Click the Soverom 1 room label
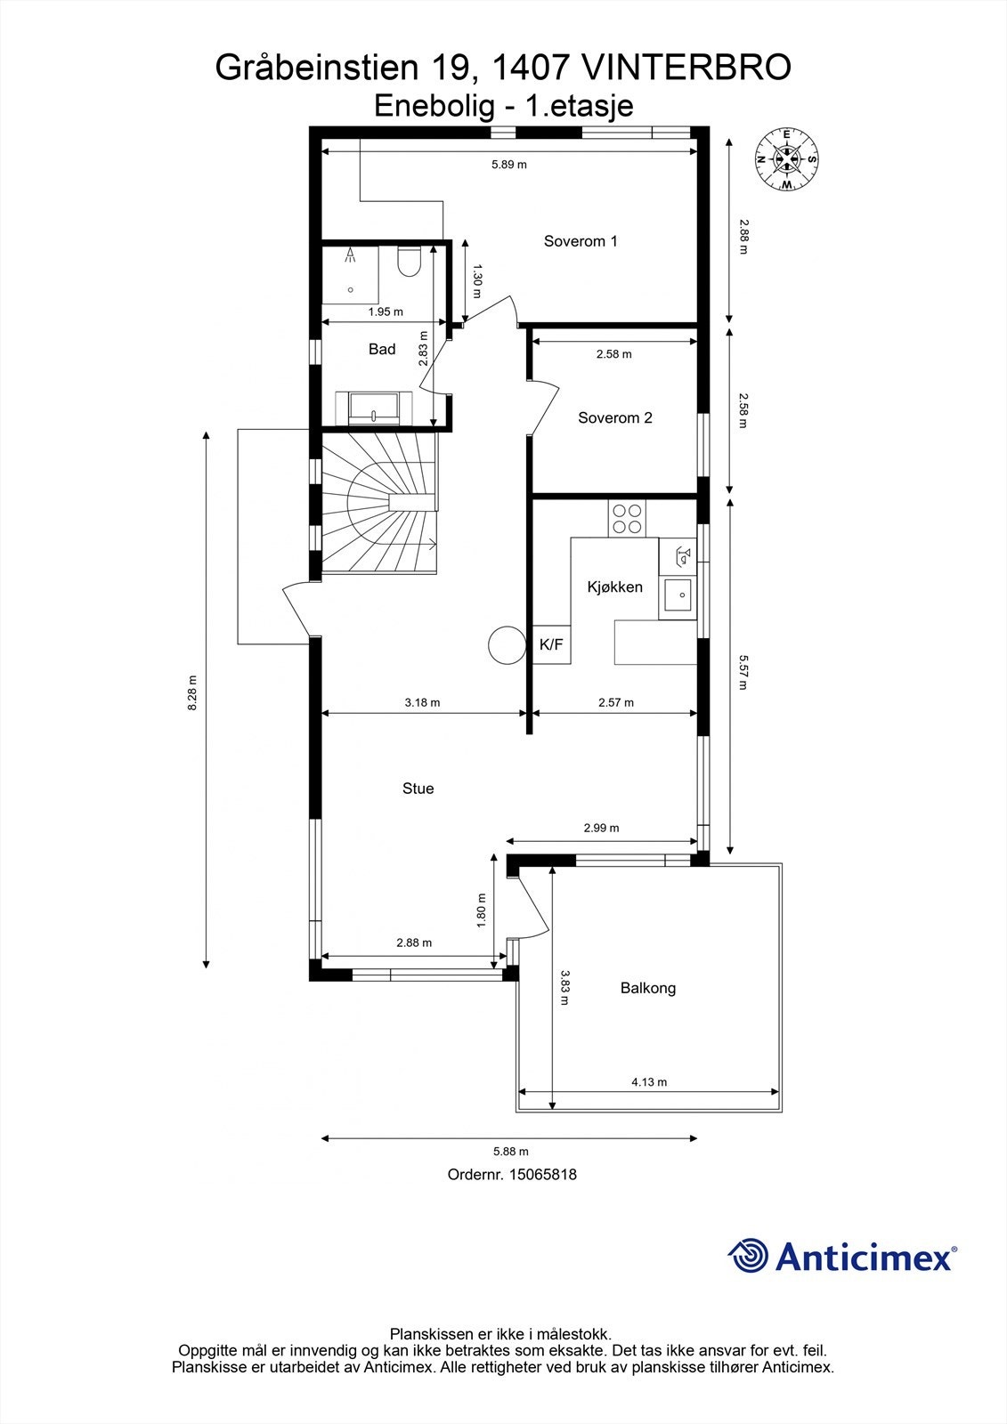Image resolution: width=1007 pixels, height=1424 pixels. pyautogui.click(x=581, y=241)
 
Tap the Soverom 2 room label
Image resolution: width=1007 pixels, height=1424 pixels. pyautogui.click(x=615, y=417)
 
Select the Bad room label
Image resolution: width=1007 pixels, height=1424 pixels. pyautogui.click(x=382, y=349)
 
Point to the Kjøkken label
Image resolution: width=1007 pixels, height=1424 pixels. pyautogui.click(x=614, y=587)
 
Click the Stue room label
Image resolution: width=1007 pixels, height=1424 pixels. pyautogui.click(x=418, y=789)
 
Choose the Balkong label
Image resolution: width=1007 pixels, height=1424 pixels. pyautogui.click(x=647, y=988)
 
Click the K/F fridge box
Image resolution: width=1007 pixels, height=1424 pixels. pyautogui.click(x=551, y=644)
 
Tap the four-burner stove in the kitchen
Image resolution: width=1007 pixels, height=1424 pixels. pyautogui.click(x=627, y=518)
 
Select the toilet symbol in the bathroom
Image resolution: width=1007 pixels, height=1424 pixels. pyautogui.click(x=409, y=262)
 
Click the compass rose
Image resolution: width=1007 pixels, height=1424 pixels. pyautogui.click(x=786, y=159)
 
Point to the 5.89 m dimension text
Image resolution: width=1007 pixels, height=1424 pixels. pyautogui.click(x=509, y=165)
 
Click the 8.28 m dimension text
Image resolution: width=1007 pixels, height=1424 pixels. pyautogui.click(x=192, y=693)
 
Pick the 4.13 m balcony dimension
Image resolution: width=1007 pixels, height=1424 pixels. pyautogui.click(x=649, y=1082)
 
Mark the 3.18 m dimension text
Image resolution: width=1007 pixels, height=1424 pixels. pyautogui.click(x=422, y=702)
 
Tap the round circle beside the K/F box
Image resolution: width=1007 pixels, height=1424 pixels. pyautogui.click(x=508, y=644)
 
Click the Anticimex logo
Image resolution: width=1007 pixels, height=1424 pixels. pyautogui.click(x=842, y=1256)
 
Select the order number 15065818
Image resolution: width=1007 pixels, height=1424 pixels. pyautogui.click(x=542, y=1174)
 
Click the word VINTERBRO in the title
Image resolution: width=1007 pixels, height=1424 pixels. pyautogui.click(x=686, y=68)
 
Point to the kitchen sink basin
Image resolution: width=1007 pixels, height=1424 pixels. pyautogui.click(x=678, y=595)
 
